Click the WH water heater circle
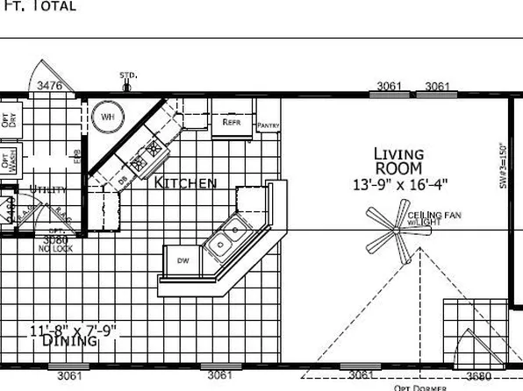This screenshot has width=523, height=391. pyautogui.click(x=108, y=117)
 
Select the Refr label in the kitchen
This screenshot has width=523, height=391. pyautogui.click(x=232, y=123)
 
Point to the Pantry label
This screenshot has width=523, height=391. pyautogui.click(x=268, y=126)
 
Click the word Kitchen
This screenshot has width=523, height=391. pyautogui.click(x=185, y=182)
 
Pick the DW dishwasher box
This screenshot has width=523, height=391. pyautogui.click(x=183, y=260)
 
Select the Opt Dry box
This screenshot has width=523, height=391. pyautogui.click(x=8, y=120)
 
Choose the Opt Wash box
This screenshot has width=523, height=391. pyautogui.click(x=8, y=161)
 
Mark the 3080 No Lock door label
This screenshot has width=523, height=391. pyautogui.click(x=54, y=243)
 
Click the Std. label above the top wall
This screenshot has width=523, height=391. pyautogui.click(x=128, y=76)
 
